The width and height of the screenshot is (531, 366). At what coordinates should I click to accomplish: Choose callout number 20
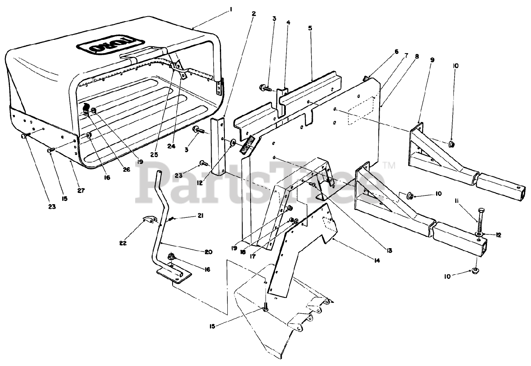[208, 251]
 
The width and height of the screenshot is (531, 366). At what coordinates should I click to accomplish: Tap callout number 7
[407, 54]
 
